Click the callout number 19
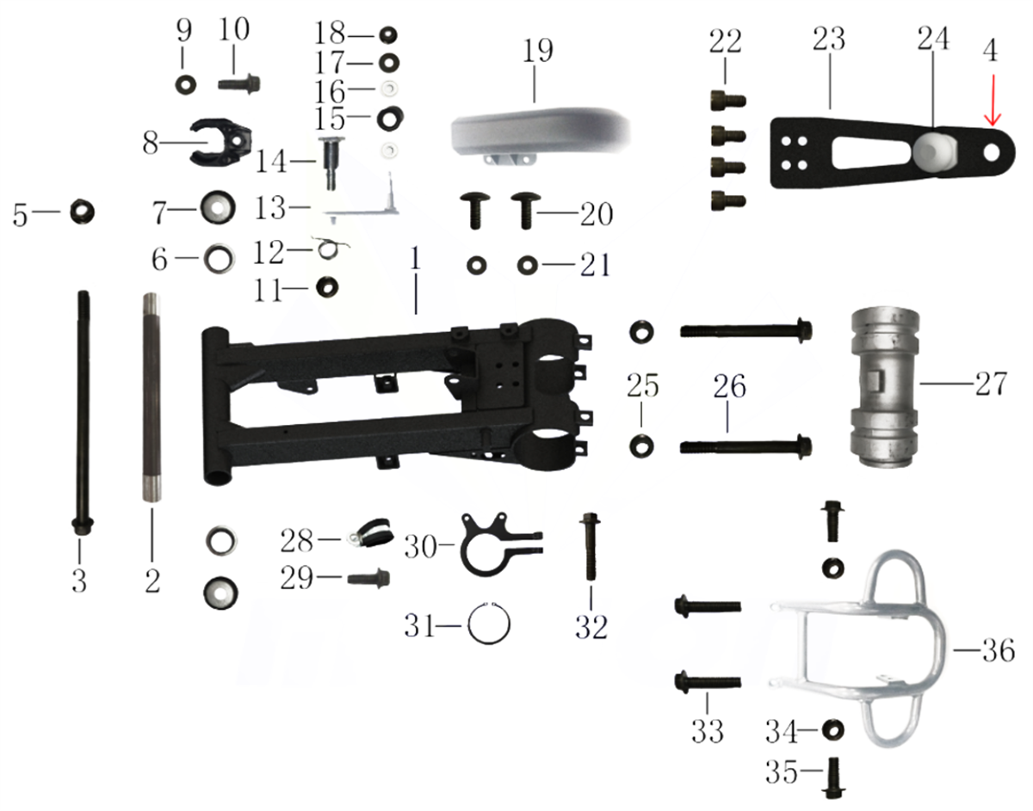coord(538,51)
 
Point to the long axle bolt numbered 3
coord(83,412)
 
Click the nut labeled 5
coord(82,212)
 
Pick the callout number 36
coord(999,650)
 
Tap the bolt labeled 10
coord(239,85)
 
